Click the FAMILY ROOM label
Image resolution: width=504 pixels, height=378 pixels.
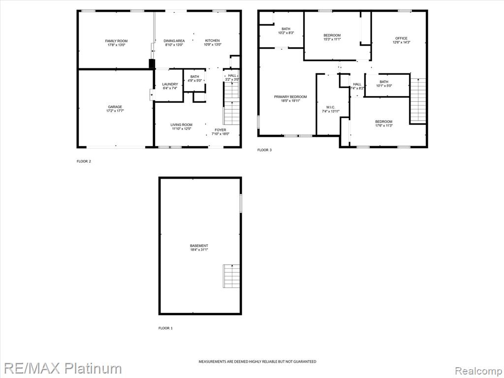[x=116, y=41]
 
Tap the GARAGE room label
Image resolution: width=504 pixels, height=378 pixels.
[x=115, y=107]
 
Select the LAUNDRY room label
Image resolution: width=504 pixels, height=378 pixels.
[x=170, y=84]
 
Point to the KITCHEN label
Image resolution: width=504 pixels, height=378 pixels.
[x=213, y=41]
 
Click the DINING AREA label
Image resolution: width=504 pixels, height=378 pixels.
[x=174, y=41]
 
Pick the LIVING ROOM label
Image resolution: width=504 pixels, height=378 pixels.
[x=181, y=125]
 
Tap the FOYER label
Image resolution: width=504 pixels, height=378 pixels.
[x=220, y=130]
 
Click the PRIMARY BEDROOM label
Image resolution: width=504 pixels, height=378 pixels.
[x=290, y=97]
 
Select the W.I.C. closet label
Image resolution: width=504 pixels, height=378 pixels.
[x=330, y=107]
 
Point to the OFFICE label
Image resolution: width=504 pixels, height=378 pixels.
[x=401, y=38]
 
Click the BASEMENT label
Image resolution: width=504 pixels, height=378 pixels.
[x=199, y=246]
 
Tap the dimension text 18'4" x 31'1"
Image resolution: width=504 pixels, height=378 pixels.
[x=199, y=250]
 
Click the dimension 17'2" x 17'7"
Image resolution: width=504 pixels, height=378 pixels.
[x=115, y=111]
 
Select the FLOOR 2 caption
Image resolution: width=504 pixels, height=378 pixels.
[x=84, y=161]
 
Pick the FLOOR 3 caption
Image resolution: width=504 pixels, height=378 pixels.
[x=264, y=150]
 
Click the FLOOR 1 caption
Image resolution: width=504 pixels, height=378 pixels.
[x=165, y=328]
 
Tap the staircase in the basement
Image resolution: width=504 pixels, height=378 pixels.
[x=231, y=276]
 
